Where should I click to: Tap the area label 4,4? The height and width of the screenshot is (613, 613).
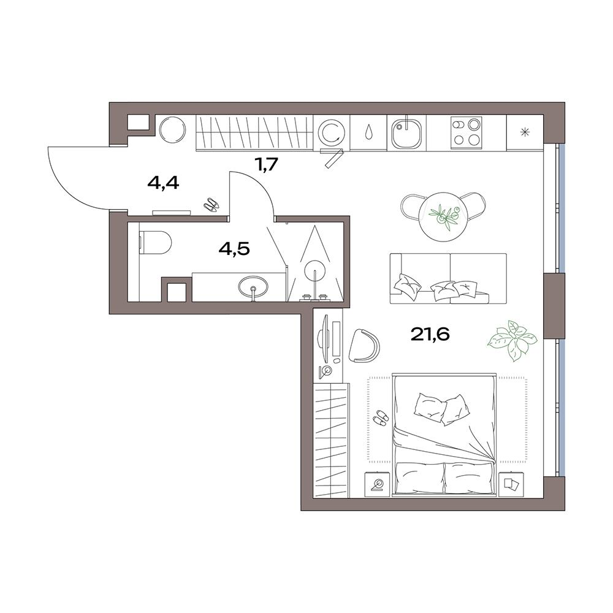tap(163, 183)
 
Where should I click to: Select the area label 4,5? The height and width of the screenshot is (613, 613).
tap(234, 249)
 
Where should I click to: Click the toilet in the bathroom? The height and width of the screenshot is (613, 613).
tap(155, 242)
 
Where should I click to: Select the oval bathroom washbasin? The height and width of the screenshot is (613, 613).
tap(253, 286)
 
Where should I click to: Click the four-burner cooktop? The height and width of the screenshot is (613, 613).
tap(466, 132)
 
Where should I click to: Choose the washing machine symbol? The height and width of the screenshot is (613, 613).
tap(332, 132)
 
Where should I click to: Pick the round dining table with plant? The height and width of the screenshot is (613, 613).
tap(443, 216)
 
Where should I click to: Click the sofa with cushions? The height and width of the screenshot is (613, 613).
tap(448, 278)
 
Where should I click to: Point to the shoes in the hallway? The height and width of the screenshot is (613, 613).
tap(211, 205)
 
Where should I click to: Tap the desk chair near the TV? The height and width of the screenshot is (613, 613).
tap(364, 346)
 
